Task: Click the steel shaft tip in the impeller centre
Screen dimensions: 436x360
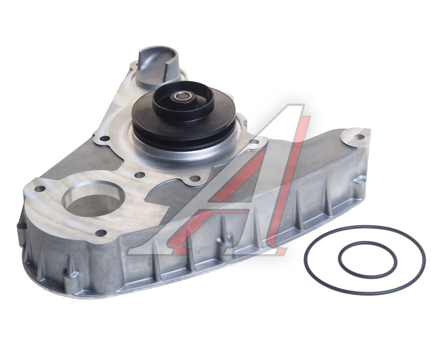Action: point(182,97)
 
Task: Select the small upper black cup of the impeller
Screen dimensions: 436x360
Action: point(182,100)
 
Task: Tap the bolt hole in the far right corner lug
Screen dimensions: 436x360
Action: point(360,137)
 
